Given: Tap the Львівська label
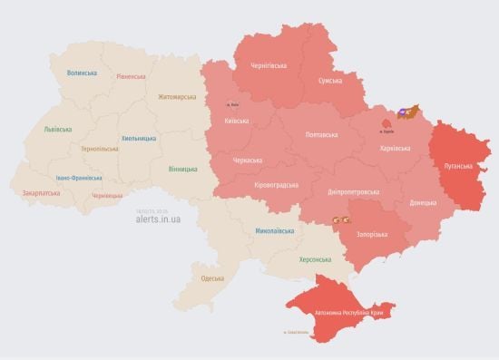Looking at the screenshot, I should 58,130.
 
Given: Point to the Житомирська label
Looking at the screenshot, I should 176,97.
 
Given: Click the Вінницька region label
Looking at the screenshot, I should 182,169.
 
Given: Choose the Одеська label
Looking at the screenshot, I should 212,277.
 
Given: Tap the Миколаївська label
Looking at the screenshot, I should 274,231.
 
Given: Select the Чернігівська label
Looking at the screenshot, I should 269,65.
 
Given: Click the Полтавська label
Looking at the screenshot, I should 322,135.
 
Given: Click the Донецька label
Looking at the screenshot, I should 423,202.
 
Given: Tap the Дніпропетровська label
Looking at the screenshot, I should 351,191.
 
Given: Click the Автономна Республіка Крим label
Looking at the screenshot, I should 353,313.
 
